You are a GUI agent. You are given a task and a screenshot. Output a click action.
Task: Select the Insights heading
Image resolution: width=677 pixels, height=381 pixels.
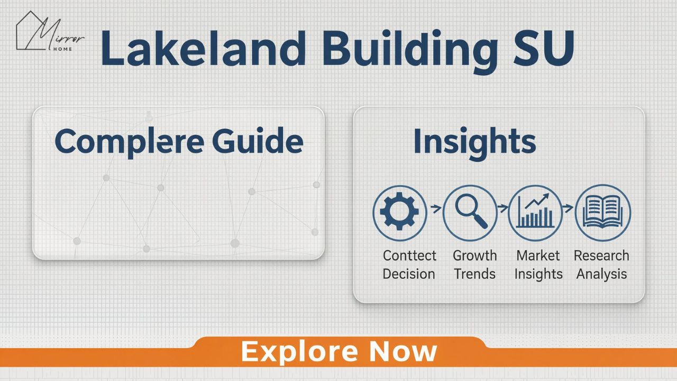(474, 142)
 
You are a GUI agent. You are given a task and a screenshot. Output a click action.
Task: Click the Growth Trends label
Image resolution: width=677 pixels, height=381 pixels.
(474, 265)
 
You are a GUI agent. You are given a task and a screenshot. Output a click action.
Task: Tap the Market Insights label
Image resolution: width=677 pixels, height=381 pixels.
(538, 265)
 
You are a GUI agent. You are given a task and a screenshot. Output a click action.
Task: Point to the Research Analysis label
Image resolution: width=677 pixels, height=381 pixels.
(601, 265)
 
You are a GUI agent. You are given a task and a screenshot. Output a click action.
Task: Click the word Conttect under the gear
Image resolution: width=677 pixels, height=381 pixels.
(409, 256)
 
